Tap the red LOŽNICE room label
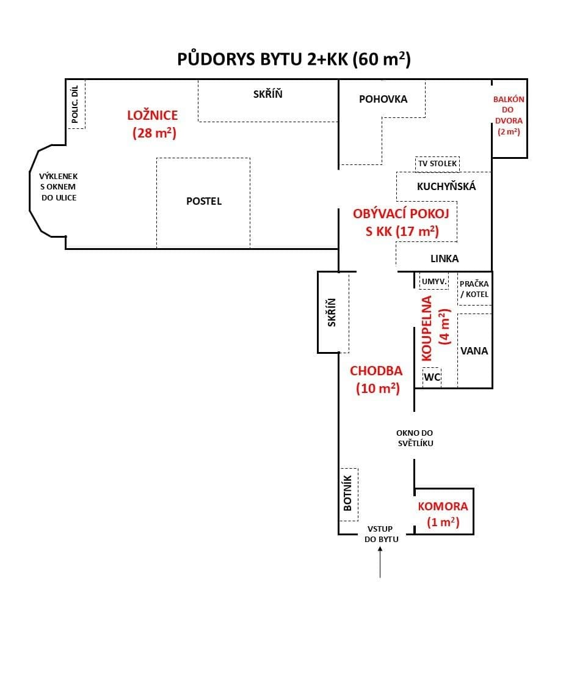click(x=153, y=115)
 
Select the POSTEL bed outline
click(x=203, y=201)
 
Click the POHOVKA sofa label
click(x=383, y=99)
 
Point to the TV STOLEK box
click(x=437, y=164)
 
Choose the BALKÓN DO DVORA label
click(x=509, y=115)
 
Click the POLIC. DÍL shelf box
click(x=76, y=105)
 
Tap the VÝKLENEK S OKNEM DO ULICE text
click(x=59, y=187)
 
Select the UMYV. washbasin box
click(x=434, y=281)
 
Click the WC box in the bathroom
click(x=432, y=377)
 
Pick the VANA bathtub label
click(x=474, y=351)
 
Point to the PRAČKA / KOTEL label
click(x=474, y=288)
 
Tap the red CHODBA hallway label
click(x=376, y=370)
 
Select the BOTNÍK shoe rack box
click(x=348, y=494)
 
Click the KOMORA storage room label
click(x=443, y=507)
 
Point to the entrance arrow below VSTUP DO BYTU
click(x=380, y=562)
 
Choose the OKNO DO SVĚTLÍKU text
click(x=415, y=438)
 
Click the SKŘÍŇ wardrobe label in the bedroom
click(x=268, y=94)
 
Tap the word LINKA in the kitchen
click(x=445, y=258)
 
